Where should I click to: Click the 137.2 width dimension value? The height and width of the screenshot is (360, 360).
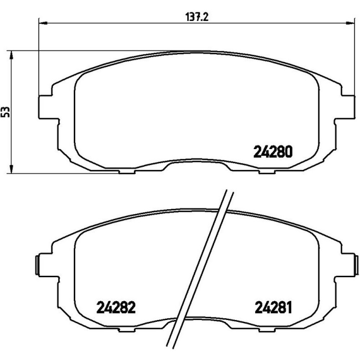197,17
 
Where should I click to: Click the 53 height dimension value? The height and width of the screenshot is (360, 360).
6,112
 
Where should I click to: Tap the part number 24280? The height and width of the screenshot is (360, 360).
273,152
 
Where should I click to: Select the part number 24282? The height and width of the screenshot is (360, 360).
116,308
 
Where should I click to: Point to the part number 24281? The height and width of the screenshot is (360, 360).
273,308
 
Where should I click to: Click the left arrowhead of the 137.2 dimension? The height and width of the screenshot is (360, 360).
43,23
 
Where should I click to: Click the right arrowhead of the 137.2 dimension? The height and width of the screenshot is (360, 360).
350,23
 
